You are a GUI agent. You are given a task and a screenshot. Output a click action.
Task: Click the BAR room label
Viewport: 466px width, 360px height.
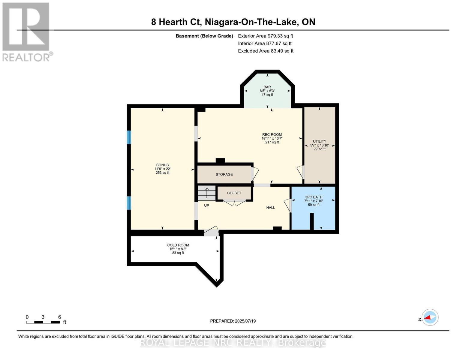(267, 87)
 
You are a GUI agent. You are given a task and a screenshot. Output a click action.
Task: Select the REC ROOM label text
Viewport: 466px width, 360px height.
(272, 135)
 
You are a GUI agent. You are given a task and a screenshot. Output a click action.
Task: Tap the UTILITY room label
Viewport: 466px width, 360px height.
(320, 141)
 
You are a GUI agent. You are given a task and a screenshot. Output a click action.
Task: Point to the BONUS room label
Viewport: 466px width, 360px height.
(162, 165)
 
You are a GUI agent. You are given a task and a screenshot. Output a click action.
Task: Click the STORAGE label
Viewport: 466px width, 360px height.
(224, 174)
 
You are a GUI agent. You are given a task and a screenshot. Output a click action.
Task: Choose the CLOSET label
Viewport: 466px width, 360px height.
(234, 193)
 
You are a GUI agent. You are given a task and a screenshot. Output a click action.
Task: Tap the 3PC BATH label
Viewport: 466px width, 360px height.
(314, 197)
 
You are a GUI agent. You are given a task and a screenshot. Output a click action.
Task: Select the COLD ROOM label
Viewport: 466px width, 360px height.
(178, 245)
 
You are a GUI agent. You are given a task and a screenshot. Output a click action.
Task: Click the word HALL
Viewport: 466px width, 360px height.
(270, 208)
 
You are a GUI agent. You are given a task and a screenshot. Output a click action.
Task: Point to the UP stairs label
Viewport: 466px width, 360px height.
(206, 205)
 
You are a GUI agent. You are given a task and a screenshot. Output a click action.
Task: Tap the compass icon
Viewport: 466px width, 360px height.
(430, 317)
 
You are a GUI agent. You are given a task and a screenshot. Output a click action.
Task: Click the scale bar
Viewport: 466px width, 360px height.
(43, 322)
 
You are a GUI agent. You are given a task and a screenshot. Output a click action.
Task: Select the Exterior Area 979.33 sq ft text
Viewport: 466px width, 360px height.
(265, 36)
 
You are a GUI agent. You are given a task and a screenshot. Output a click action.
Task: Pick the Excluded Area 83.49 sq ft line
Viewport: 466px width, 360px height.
(266, 51)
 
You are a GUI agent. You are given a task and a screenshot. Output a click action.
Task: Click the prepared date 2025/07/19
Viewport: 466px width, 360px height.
(233, 321)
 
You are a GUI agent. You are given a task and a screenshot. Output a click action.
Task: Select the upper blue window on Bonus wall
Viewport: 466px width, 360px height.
(129, 137)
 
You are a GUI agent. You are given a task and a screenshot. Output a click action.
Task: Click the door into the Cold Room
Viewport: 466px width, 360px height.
(211, 232)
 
